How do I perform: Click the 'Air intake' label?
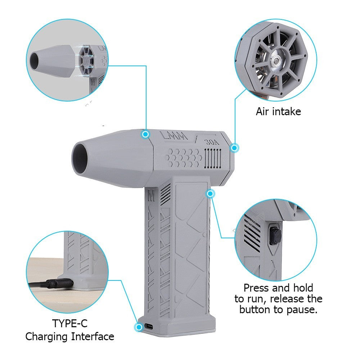coord(278,112)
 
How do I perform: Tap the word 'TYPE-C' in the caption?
coord(69,323)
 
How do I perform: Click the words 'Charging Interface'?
coord(69,337)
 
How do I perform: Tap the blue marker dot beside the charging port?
coord(138,327)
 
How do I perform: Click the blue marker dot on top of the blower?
coord(145,134)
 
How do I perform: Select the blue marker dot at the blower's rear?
coord(234,147)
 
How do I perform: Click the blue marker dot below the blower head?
coord(211,194)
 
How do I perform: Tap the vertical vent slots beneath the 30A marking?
coord(212,157)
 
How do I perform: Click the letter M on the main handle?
coord(151,197)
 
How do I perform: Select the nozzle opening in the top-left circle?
coord(35,59)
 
